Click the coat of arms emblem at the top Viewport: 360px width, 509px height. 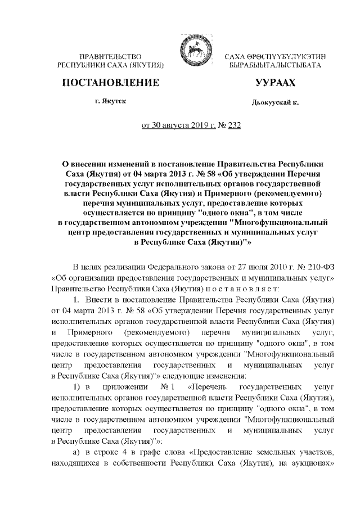tap(192, 47)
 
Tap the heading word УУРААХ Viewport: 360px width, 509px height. tap(275, 83)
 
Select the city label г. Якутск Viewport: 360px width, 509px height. tap(111, 102)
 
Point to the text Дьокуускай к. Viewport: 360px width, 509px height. tap(274, 103)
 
